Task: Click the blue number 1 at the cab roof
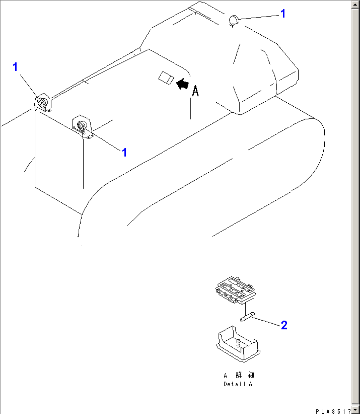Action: [x=283, y=14]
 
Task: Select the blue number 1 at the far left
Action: [x=15, y=67]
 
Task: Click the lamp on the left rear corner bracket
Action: [x=42, y=103]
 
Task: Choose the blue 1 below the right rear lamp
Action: [x=124, y=153]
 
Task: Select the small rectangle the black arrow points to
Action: [x=166, y=78]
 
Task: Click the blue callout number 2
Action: [x=284, y=326]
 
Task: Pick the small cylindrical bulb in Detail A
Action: [x=246, y=318]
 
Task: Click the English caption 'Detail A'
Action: [x=238, y=384]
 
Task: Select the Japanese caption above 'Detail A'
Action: [x=239, y=375]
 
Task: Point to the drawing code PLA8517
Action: [x=333, y=411]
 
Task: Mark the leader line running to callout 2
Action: [x=266, y=322]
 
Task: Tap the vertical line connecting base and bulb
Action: [x=245, y=309]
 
